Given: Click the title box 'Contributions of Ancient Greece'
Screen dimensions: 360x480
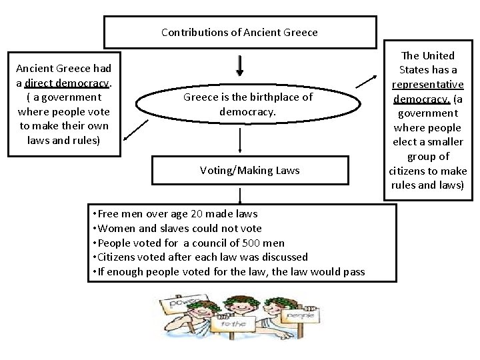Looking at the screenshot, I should (239, 32).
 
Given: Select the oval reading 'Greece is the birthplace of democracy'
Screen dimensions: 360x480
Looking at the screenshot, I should (247, 105).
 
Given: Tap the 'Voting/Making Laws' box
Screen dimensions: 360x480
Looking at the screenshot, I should (249, 170).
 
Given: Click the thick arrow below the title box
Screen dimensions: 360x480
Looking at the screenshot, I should (240, 65).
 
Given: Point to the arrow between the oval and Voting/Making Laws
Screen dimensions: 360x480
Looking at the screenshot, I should (240, 141).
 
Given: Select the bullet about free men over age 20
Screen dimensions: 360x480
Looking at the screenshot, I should (176, 213).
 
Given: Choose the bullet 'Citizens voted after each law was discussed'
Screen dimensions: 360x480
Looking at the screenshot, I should (201, 257).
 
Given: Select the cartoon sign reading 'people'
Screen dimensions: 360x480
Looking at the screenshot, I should (287, 312).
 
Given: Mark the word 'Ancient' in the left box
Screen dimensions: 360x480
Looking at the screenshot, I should (36, 68).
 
